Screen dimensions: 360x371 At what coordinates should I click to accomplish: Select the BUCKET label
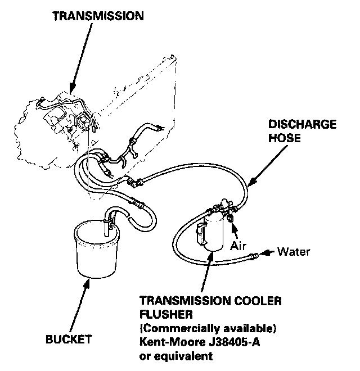(x=70, y=339)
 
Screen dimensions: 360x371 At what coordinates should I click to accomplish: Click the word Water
(x=293, y=251)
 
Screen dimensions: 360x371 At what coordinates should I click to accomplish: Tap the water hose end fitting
(x=254, y=256)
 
